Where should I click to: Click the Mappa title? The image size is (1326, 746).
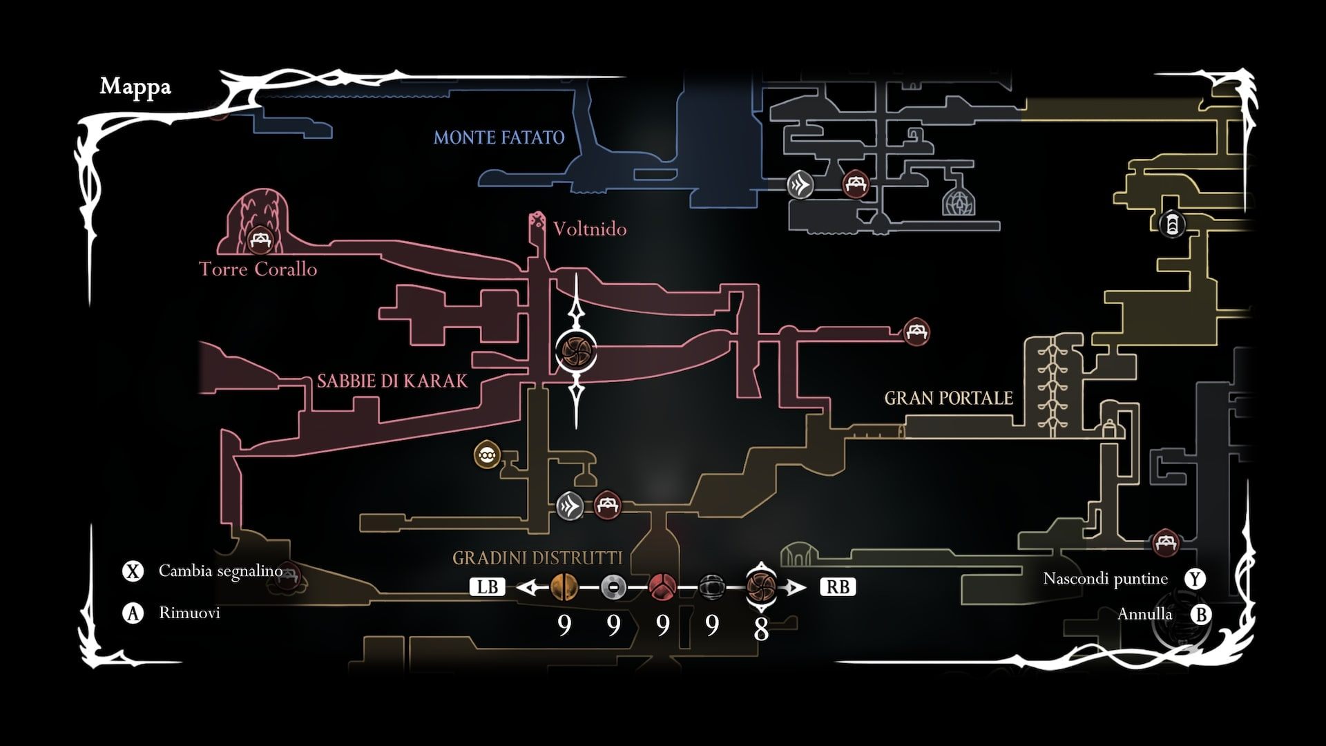pos(135,87)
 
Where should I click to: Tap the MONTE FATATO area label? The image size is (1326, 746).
pos(499,137)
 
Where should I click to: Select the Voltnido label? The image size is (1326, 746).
pos(590,229)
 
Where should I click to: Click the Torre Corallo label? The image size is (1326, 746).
pos(258,269)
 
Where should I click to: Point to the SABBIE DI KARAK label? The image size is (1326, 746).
pos(392,381)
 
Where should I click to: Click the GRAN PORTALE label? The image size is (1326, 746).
pos(948,399)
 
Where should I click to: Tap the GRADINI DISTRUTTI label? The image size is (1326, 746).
pos(537,557)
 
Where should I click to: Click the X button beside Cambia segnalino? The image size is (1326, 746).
pos(133,571)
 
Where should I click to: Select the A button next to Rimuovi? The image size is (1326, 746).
pos(133,613)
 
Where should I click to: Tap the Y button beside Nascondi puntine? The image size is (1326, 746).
pos(1195,579)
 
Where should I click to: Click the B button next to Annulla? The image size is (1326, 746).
pos(1201,614)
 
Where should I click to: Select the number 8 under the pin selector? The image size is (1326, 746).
pos(760,629)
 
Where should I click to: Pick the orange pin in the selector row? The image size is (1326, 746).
pos(564,587)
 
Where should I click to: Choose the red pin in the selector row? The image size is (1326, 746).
pos(662,587)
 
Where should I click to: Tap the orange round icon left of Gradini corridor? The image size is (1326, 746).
pos(488,455)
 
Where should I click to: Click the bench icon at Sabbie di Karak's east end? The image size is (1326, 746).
pos(916,332)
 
